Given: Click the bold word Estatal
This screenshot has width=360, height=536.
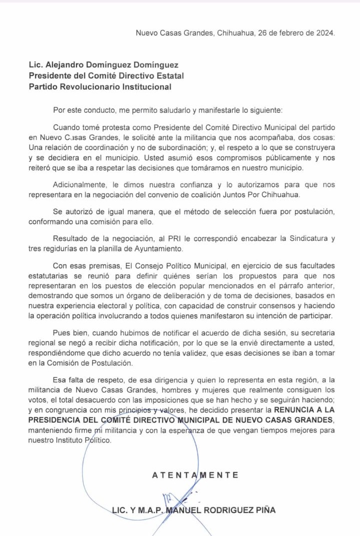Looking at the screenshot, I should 168,76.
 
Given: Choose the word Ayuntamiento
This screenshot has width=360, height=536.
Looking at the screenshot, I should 160,248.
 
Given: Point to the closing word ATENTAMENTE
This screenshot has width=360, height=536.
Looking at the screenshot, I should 195,475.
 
